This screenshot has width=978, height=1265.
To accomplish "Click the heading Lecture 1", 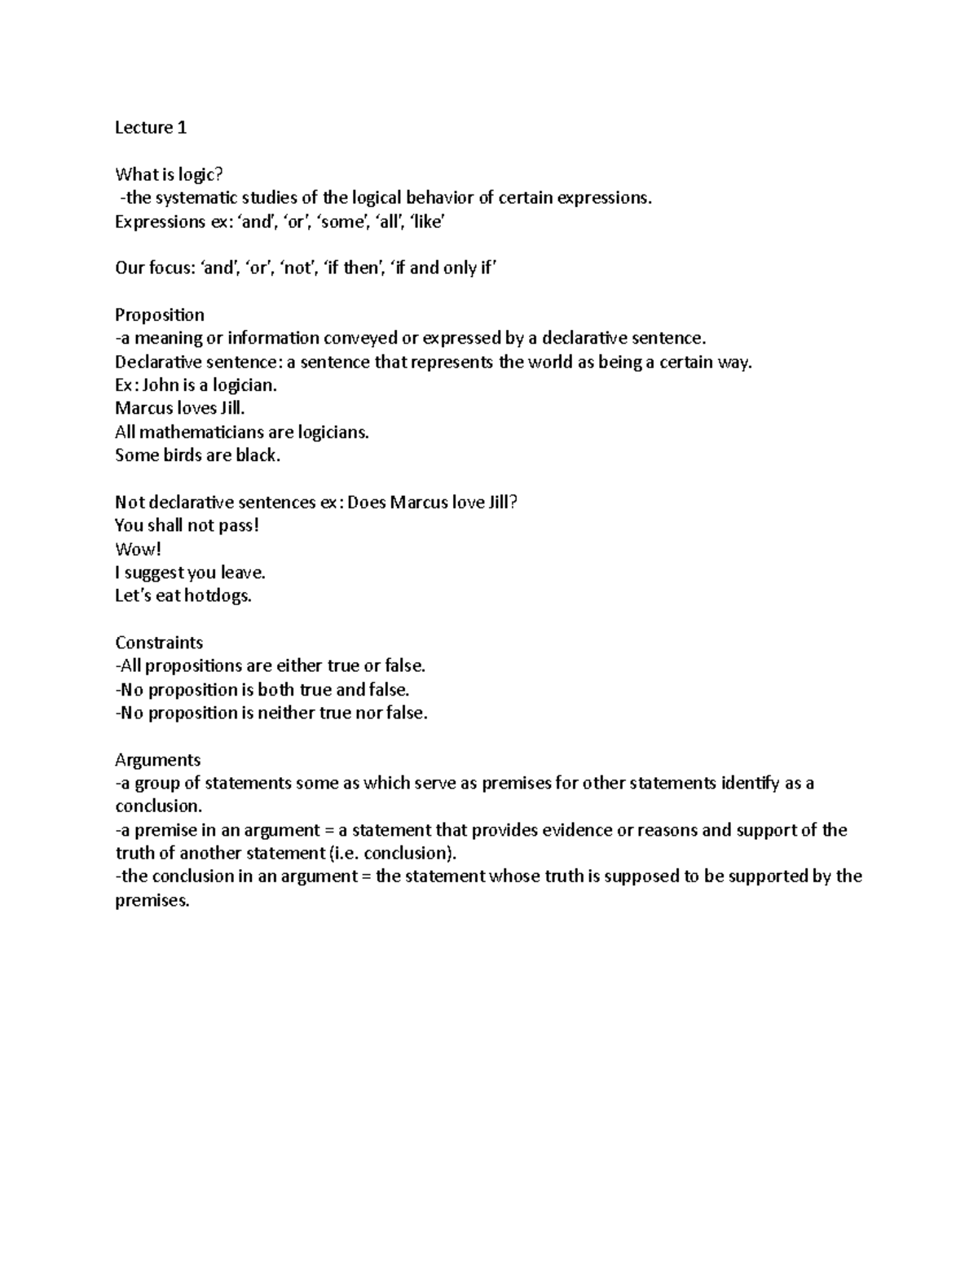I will point(151,127).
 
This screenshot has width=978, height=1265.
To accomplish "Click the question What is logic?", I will point(168,174).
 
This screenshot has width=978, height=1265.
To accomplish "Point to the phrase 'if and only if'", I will point(443,268).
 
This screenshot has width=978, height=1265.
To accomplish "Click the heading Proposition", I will point(160,315).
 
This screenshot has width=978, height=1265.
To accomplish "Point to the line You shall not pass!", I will point(187,526).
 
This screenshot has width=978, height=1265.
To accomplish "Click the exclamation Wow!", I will point(133,550).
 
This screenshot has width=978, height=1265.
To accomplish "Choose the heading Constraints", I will point(159,643).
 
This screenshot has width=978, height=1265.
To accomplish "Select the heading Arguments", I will point(158,760).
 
